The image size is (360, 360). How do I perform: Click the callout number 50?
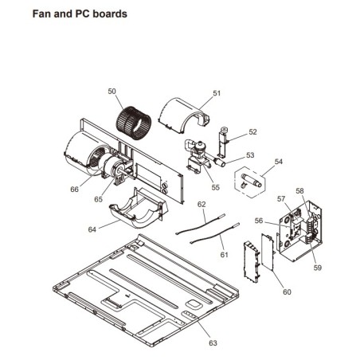[x=112, y=92]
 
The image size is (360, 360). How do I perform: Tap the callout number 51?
[x=217, y=93]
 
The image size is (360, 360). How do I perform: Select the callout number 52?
[x=252, y=132]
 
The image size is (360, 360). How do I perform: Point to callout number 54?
[x=279, y=162]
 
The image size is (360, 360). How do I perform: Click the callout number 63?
[x=213, y=343]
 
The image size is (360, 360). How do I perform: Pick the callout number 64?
[x=92, y=229]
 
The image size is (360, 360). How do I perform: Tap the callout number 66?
[x=75, y=190]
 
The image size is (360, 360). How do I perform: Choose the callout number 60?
[x=287, y=292]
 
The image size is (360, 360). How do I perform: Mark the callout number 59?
[x=318, y=268]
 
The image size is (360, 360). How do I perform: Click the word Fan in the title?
[x=41, y=14]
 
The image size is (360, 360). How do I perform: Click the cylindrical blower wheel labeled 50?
[x=134, y=123]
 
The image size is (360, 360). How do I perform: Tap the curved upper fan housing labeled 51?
[x=183, y=115]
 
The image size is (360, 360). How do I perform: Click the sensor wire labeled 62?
[x=201, y=225]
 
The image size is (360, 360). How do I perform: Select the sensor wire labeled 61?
[x=215, y=233]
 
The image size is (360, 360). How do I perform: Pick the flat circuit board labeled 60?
[x=268, y=252]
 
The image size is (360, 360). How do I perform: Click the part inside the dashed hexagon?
[x=251, y=181]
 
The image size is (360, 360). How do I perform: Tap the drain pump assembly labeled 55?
[x=198, y=157]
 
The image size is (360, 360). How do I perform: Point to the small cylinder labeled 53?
[x=220, y=162]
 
